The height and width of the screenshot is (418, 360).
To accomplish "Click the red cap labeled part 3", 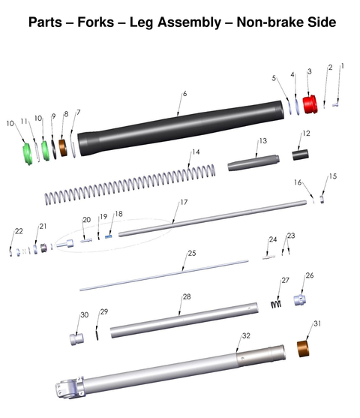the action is tap(310, 104).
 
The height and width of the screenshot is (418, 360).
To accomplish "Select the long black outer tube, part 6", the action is tap(181, 128).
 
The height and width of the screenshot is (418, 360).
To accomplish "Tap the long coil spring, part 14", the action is tap(130, 185).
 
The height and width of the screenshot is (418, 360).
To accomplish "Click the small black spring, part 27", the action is tap(276, 304).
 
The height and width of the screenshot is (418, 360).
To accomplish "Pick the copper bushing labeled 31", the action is tap(303, 349).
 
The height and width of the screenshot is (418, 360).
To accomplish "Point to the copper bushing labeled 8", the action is tap(63, 147).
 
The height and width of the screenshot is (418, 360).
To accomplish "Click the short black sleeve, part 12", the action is tap(300, 155).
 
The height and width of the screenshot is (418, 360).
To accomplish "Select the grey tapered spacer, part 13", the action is tap(253, 163).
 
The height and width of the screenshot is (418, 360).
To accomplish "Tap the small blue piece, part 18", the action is tap(109, 236).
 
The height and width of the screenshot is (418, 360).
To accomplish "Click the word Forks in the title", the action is tap(96, 22).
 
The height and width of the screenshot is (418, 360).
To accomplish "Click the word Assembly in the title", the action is tap(189, 23).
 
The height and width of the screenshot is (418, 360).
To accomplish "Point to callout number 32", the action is tap(246, 335).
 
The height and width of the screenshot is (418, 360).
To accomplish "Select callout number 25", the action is tap(192, 253).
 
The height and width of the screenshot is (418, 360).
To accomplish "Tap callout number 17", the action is tap(184, 203).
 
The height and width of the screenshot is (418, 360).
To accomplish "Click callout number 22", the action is tap(19, 231).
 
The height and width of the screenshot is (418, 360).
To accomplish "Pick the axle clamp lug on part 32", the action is tap(70, 388).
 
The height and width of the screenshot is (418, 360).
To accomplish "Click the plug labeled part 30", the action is tap(76, 339).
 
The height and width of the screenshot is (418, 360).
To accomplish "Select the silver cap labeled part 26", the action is tap(300, 300).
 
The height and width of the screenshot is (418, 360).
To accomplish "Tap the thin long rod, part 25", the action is tap(164, 275).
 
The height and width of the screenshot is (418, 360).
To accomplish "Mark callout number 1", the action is tap(343, 66).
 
